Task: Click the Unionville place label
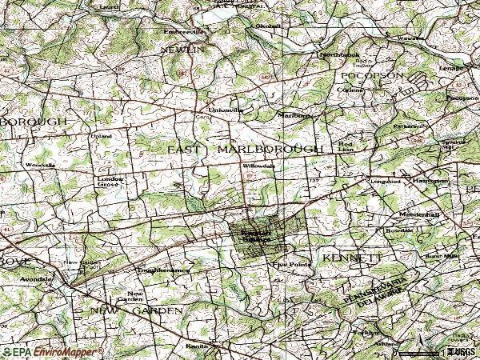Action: [x=219, y=109]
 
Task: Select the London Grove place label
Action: [x=108, y=181]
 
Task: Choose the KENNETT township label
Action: [x=353, y=257]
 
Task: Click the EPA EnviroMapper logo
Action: [x=52, y=351]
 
